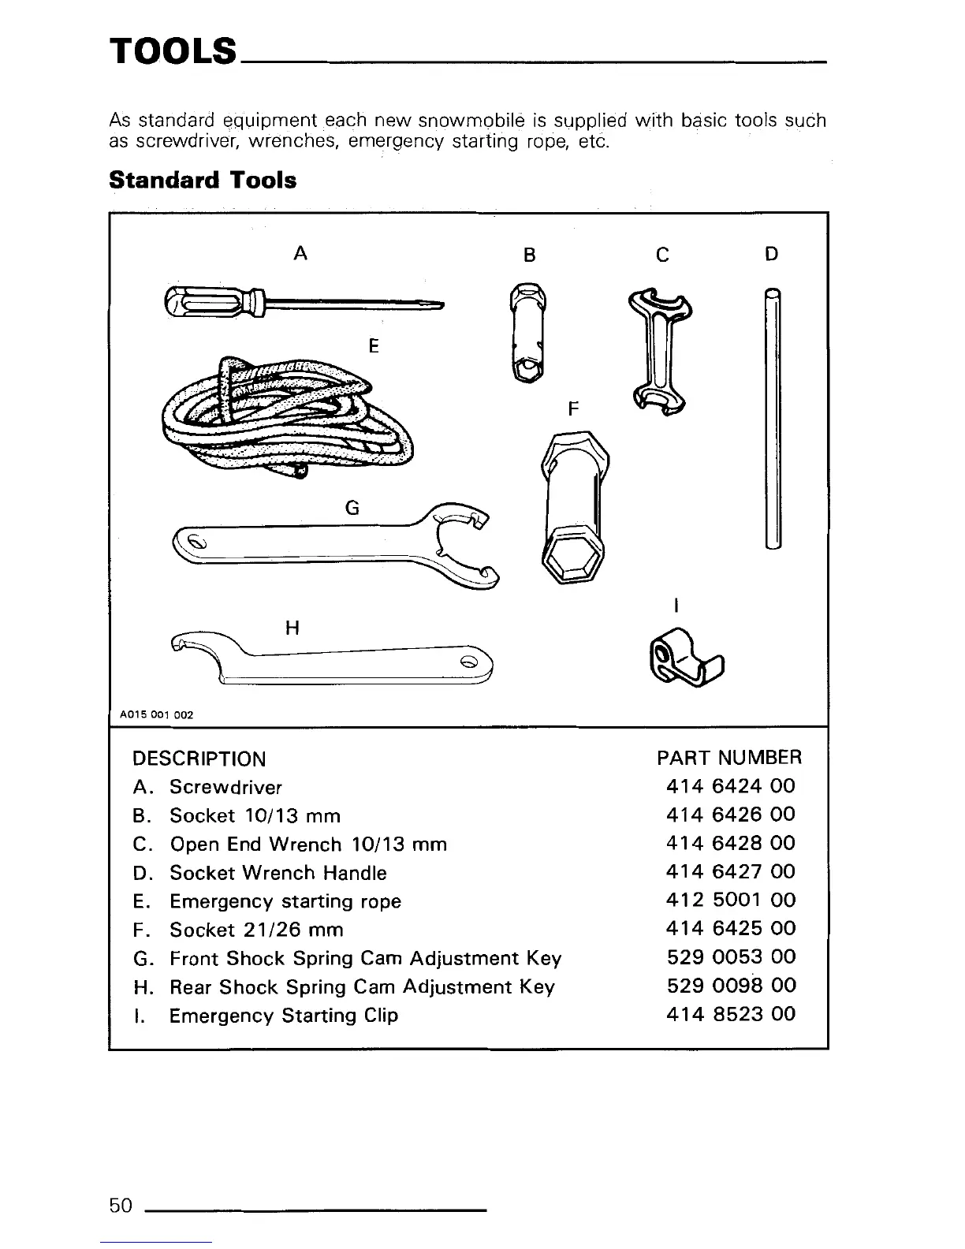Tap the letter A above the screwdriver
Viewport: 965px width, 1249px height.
[300, 253]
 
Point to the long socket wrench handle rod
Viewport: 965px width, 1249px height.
[773, 418]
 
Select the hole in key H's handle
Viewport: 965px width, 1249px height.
[468, 662]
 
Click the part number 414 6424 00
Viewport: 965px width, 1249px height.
[730, 786]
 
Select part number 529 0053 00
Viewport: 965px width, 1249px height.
[730, 957]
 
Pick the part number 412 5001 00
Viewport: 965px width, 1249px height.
[730, 900]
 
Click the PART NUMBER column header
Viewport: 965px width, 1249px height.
[728, 758]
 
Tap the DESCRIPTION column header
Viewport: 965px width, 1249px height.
[199, 759]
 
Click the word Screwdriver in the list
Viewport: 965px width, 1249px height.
[225, 787]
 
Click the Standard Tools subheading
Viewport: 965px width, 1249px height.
[203, 181]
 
